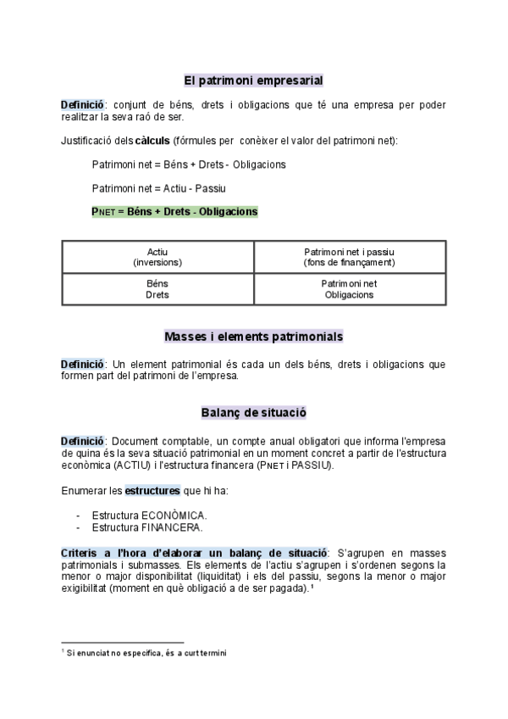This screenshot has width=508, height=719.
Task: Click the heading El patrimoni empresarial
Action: click(253, 81)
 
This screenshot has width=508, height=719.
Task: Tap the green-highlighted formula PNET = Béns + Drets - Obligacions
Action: click(174, 211)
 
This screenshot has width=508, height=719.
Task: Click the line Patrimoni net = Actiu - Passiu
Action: click(158, 187)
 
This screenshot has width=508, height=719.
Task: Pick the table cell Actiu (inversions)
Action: click(157, 257)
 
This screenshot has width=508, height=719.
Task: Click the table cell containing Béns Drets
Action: click(157, 289)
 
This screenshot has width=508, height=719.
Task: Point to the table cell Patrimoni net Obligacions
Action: click(350, 289)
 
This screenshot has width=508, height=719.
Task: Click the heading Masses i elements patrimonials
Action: click(253, 337)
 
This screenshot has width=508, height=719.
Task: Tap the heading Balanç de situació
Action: click(253, 413)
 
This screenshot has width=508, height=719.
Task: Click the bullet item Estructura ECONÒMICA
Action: click(148, 515)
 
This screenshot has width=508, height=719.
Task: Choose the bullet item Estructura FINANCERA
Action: click(147, 527)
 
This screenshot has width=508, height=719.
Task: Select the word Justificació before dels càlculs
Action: click(87, 140)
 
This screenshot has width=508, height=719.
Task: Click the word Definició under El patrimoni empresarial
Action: click(81, 104)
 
